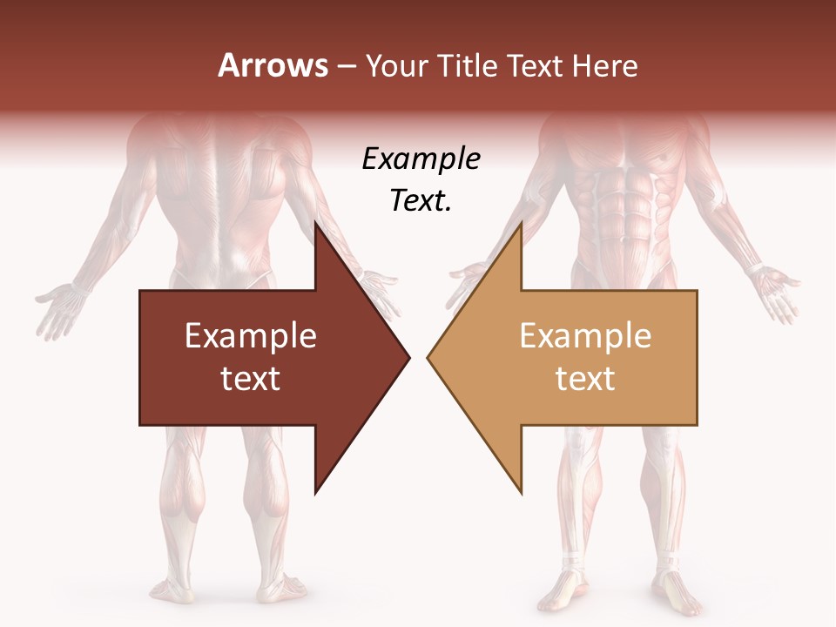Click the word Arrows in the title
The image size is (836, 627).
tap(273, 65)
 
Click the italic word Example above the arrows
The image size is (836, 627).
tap(421, 159)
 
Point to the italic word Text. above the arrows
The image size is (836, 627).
tap(421, 201)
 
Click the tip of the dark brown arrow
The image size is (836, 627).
tap(408, 357)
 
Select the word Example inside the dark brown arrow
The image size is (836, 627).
tap(251, 336)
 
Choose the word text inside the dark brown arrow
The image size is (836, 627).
tap(251, 378)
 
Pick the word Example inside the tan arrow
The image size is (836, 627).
tap(585, 336)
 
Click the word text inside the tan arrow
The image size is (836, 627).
tap(585, 378)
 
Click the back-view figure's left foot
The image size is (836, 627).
tap(174, 588)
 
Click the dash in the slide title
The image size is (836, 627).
tap(346, 67)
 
